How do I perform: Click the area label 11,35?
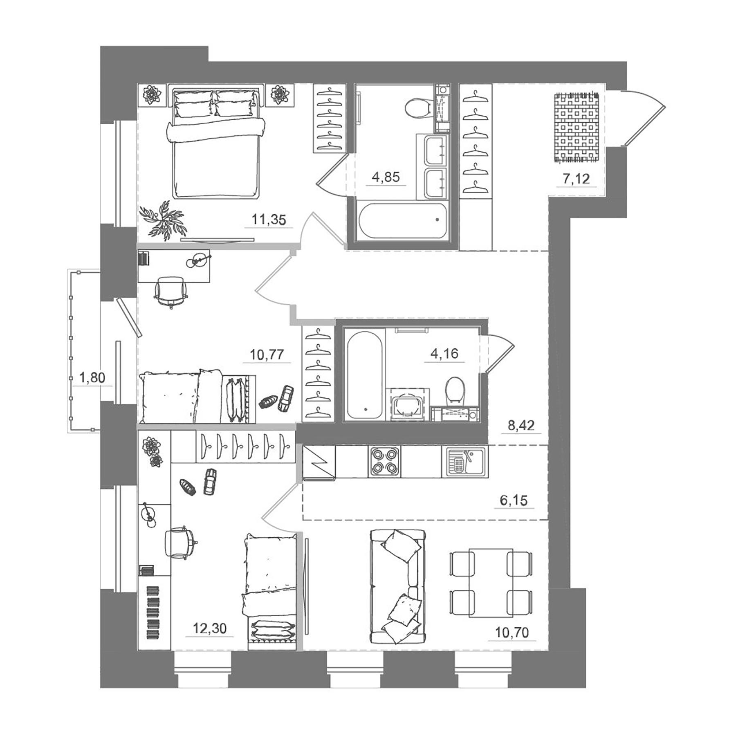coord(269,220)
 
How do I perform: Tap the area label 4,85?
coord(386,177)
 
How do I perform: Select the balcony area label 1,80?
coord(92,377)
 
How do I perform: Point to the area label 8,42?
coord(521,425)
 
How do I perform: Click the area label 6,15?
coord(514,500)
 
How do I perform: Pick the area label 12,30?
coord(209,628)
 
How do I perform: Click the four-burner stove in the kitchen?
coord(384,462)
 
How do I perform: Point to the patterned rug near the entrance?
coord(577,127)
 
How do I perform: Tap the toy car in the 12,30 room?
coord(210,482)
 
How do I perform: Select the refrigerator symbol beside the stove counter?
coord(319,462)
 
